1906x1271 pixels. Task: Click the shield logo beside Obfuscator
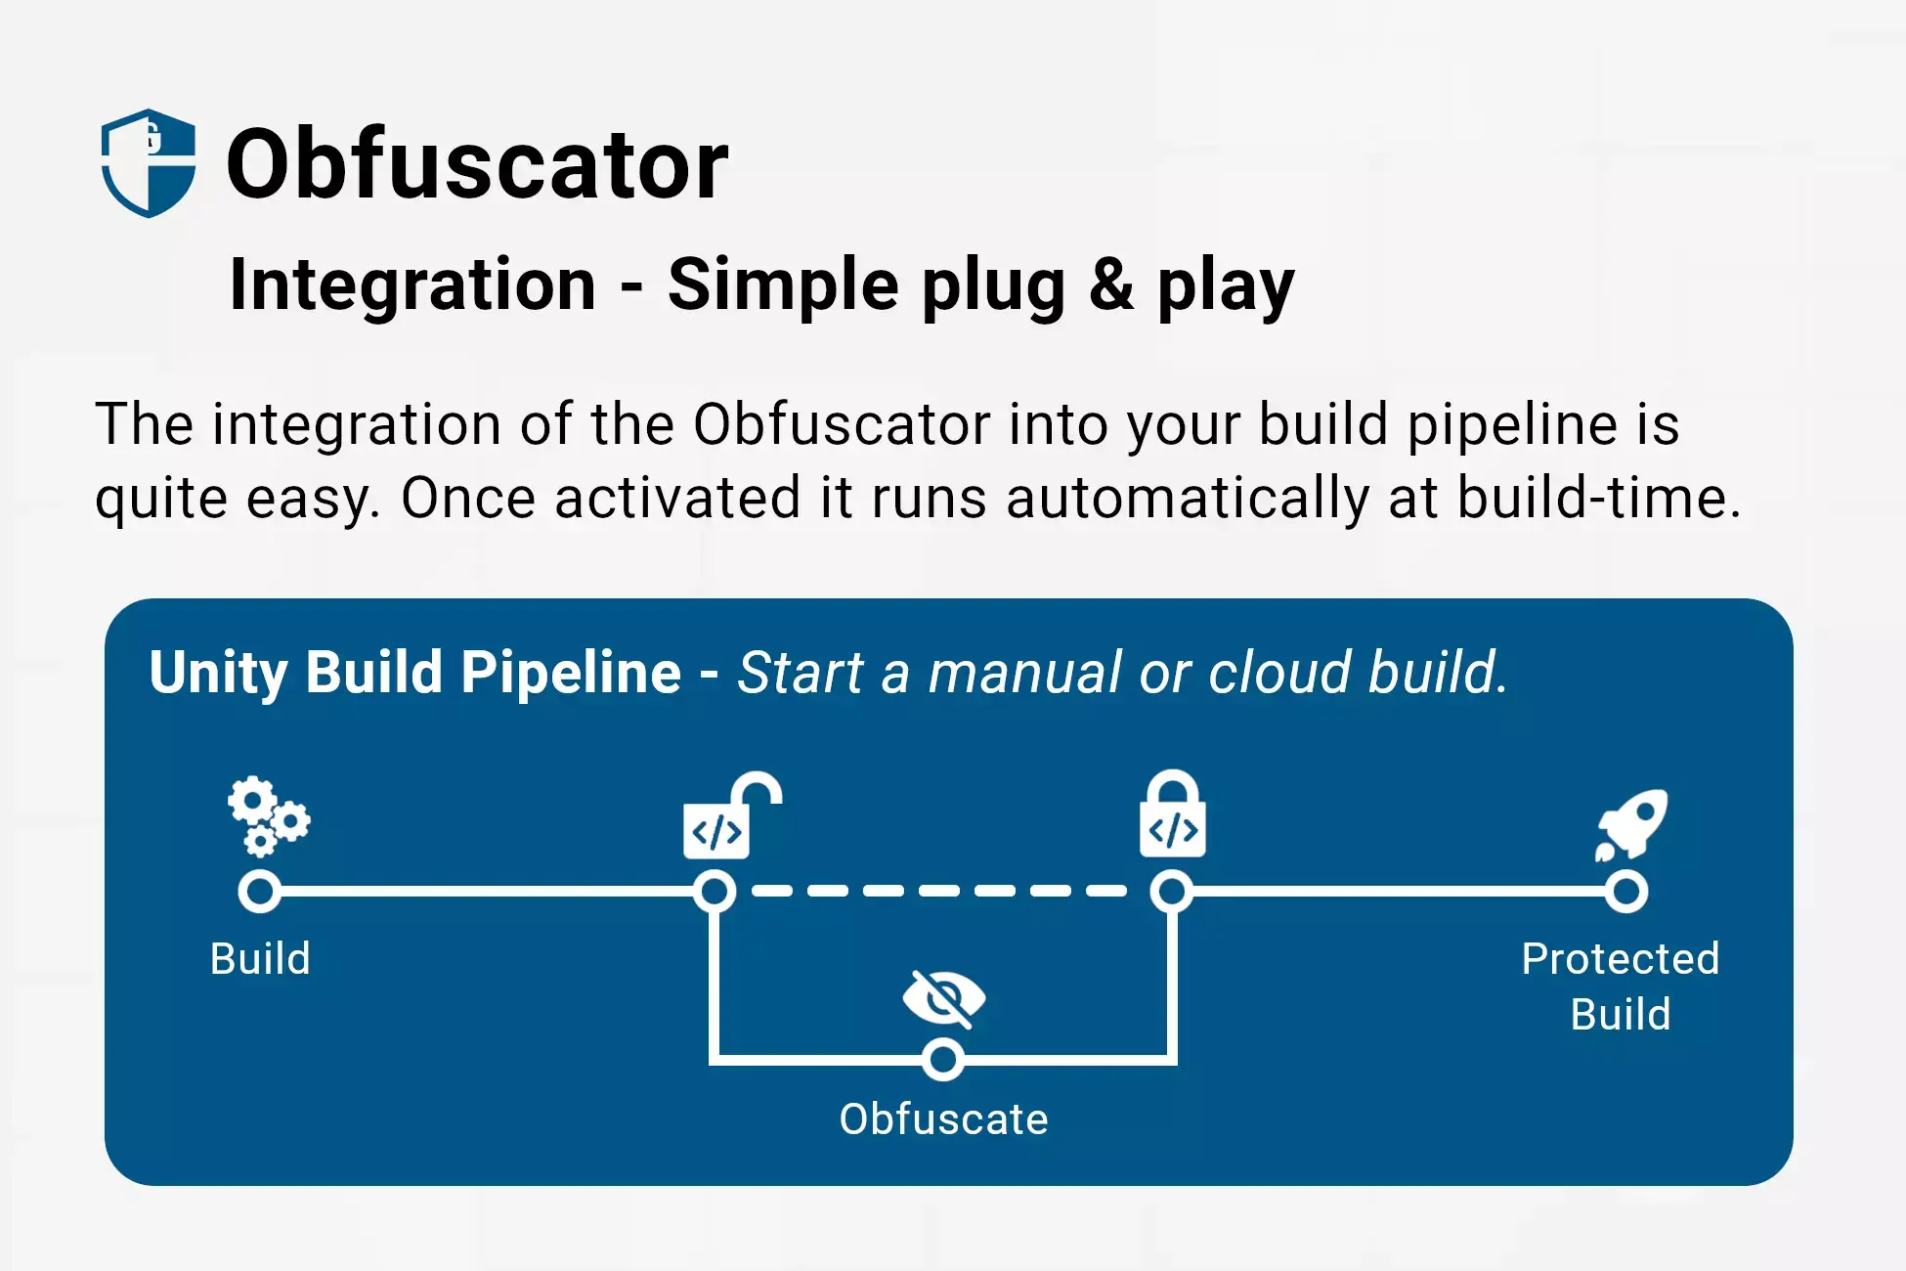[149, 163]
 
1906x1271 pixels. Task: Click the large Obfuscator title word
[477, 164]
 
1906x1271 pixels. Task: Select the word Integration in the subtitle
[412, 285]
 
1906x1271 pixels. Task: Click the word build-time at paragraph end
[1597, 499]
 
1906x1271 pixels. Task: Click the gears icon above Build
[268, 815]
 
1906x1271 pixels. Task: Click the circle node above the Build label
[260, 892]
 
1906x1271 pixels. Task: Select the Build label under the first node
[260, 959]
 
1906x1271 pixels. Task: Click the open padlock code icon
[730, 816]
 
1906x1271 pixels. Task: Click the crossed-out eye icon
[943, 998]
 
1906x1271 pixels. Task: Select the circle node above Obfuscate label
[943, 1060]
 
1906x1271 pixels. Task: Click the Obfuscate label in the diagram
[943, 1119]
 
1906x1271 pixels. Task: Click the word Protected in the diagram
[1620, 959]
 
